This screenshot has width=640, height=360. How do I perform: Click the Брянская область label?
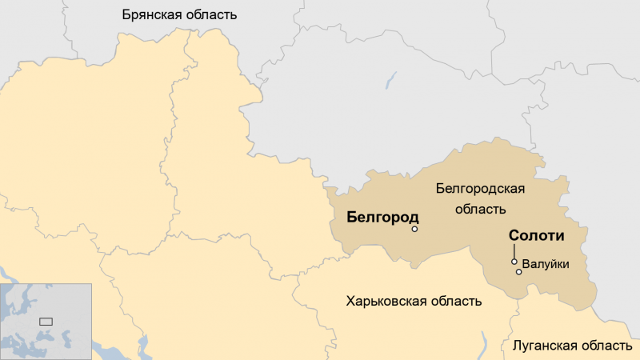click(x=179, y=14)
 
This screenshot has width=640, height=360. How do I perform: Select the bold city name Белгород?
click(x=382, y=218)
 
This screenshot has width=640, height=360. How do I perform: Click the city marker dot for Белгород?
click(x=414, y=230)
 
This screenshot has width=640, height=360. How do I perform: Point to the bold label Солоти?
click(x=537, y=237)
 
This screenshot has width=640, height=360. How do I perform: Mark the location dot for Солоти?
click(x=514, y=262)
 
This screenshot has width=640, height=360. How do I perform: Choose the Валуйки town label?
click(x=545, y=262)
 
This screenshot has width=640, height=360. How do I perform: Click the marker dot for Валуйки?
click(x=518, y=272)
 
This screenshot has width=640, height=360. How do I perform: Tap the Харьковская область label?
click(x=414, y=302)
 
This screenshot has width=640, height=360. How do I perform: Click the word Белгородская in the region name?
click(x=480, y=189)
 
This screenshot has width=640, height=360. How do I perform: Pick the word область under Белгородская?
click(x=480, y=210)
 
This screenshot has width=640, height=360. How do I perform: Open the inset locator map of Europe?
click(x=46, y=321)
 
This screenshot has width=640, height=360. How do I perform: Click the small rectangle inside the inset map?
click(x=46, y=321)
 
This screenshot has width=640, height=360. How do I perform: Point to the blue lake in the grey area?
click(x=390, y=81)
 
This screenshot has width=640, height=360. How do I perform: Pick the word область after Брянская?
click(x=210, y=14)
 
